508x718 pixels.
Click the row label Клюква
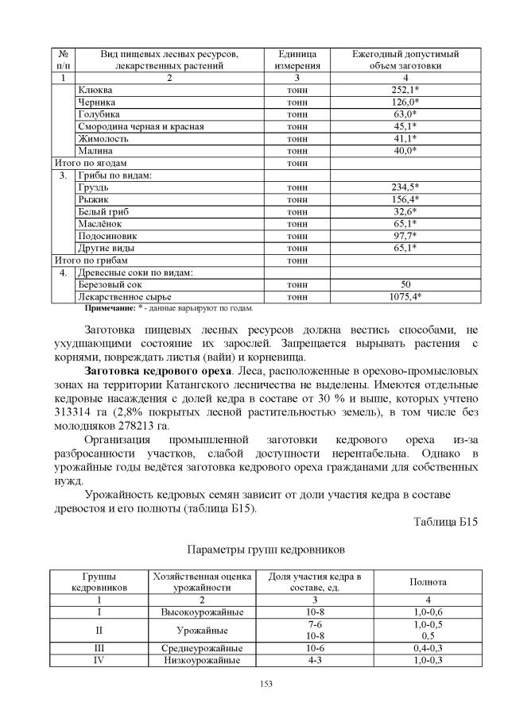click(94, 90)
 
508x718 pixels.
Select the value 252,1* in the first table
click(405, 90)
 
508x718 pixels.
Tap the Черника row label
click(96, 102)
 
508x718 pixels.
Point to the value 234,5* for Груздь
click(405, 187)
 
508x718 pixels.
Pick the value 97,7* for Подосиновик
click(405, 236)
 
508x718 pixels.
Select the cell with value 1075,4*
click(405, 296)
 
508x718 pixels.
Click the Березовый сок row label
click(110, 284)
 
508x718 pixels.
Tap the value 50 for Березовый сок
click(405, 284)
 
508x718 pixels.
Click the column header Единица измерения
click(297, 60)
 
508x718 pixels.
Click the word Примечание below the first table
click(111, 307)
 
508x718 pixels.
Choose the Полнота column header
click(428, 581)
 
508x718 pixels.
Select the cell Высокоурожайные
click(202, 612)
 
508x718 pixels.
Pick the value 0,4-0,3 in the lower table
click(428, 648)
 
